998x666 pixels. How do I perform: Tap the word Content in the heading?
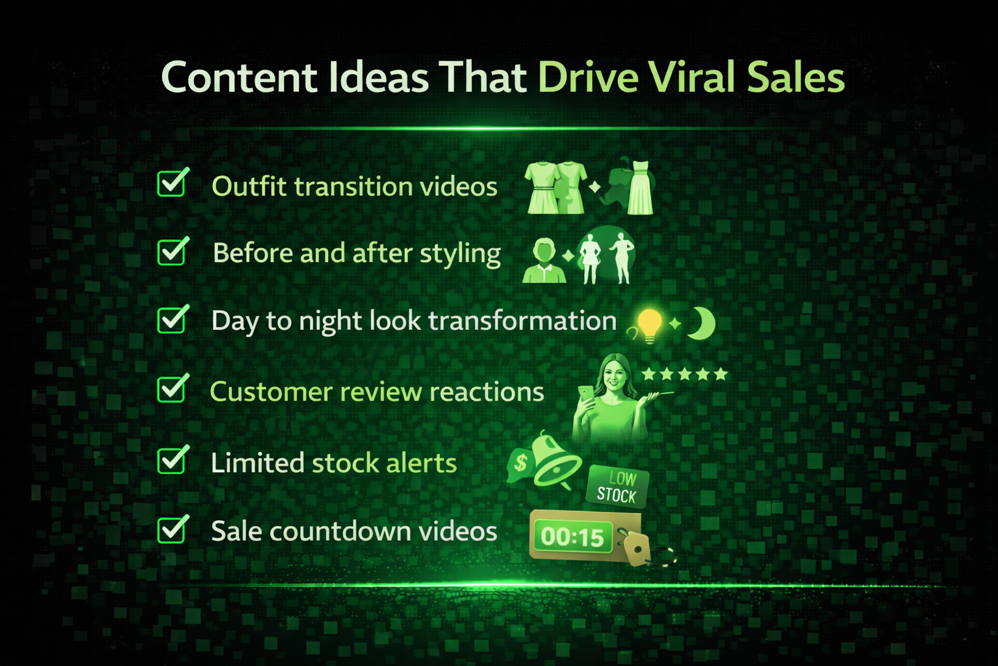[239, 77]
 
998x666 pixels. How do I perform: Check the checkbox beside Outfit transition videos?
[173, 182]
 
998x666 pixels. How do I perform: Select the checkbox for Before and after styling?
[173, 250]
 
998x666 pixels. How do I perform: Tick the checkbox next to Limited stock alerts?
[173, 459]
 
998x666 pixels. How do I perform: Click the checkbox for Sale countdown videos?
[173, 529]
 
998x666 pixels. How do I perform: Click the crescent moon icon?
[702, 323]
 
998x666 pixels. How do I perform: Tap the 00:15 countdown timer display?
[573, 537]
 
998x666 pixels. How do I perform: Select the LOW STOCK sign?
[618, 486]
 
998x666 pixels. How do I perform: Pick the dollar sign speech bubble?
[520, 464]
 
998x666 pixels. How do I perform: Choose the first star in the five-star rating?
[648, 374]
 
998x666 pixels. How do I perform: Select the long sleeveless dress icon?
[640, 187]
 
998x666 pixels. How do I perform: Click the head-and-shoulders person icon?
[544, 261]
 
